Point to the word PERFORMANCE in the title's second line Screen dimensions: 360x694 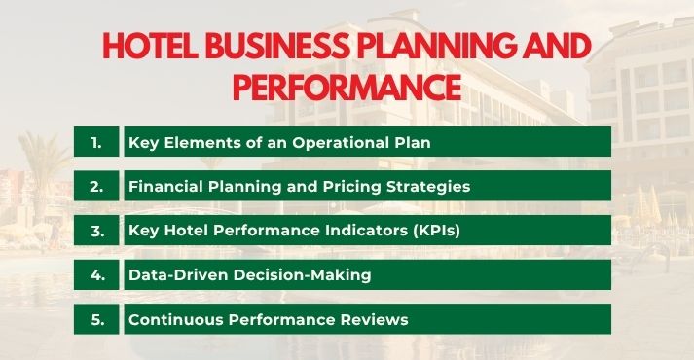click(x=346, y=87)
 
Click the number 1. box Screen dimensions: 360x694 click(x=96, y=142)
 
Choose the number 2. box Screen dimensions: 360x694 click(x=96, y=186)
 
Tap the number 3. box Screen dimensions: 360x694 click(x=96, y=231)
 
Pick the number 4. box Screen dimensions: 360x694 click(x=96, y=274)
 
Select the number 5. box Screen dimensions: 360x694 click(x=96, y=319)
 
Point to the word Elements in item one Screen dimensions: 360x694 click(x=198, y=142)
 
